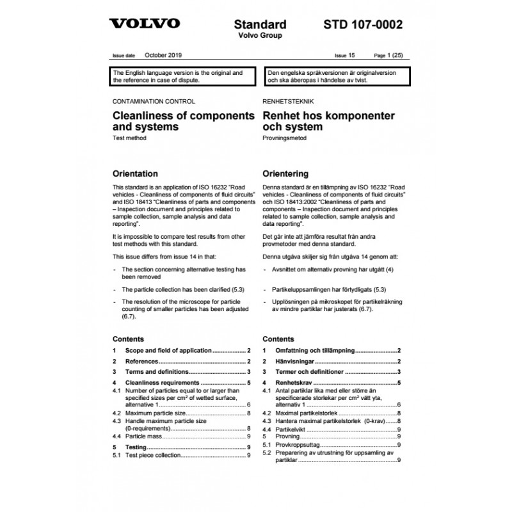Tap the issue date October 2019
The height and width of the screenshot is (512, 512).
click(x=163, y=56)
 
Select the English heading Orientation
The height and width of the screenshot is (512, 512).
click(x=135, y=173)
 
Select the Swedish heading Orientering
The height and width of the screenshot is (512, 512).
click(x=286, y=173)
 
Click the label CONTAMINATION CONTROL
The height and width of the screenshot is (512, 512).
click(x=154, y=101)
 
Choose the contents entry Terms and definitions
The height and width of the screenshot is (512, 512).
click(x=157, y=371)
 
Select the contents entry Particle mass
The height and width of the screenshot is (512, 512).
click(x=143, y=435)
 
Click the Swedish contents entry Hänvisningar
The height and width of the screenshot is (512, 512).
click(x=296, y=362)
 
